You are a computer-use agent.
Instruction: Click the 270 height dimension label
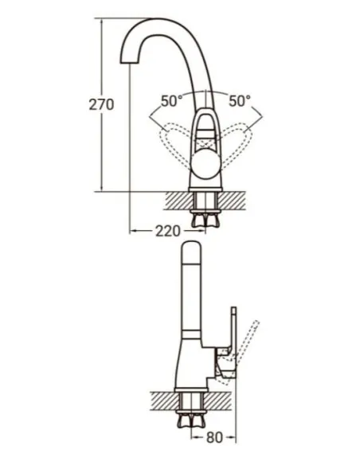(x=103, y=104)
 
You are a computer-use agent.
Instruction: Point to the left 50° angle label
(x=171, y=101)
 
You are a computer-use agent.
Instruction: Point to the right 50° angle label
(x=239, y=101)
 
